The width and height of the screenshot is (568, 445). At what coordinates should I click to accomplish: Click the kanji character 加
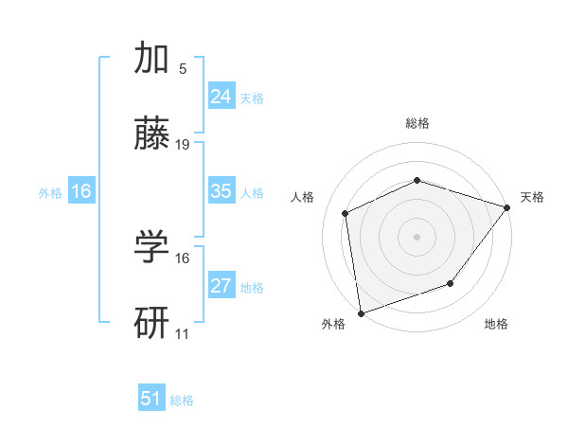coord(152,60)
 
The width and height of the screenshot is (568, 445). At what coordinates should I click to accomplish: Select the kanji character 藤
coord(152,136)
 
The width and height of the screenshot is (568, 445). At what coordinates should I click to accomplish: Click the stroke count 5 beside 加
coord(182,69)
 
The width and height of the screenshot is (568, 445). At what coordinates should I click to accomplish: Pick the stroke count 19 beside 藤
coord(183,145)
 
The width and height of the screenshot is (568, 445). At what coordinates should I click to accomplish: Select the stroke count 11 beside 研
coord(183,333)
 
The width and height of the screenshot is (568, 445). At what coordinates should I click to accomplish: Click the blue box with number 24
coord(221,97)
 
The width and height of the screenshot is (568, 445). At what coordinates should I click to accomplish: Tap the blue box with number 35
coord(221,191)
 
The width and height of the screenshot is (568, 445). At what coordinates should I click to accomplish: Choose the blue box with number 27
coord(221,286)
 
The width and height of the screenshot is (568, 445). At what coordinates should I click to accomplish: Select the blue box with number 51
coord(151,399)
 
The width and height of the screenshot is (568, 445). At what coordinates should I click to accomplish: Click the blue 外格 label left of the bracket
coord(50,192)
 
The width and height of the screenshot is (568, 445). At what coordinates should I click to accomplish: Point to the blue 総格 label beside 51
coord(182,400)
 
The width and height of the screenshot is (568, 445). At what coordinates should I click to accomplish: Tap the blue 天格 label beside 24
coord(252,98)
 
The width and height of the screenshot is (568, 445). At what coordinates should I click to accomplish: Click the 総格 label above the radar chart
coord(417,123)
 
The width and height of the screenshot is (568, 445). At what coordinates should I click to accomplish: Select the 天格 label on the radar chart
coord(532,197)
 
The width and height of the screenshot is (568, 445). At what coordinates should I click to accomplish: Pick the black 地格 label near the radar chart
coord(496,325)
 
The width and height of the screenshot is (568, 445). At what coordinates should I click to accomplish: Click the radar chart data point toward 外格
coord(360,312)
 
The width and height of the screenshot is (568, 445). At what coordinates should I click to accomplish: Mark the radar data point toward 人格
coord(346,213)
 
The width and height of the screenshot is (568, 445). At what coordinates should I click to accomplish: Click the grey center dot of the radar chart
coord(417,236)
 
